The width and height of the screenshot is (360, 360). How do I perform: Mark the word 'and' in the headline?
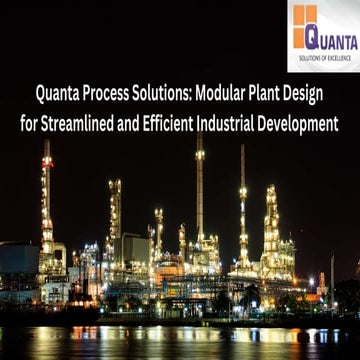click(x=143, y=125)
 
